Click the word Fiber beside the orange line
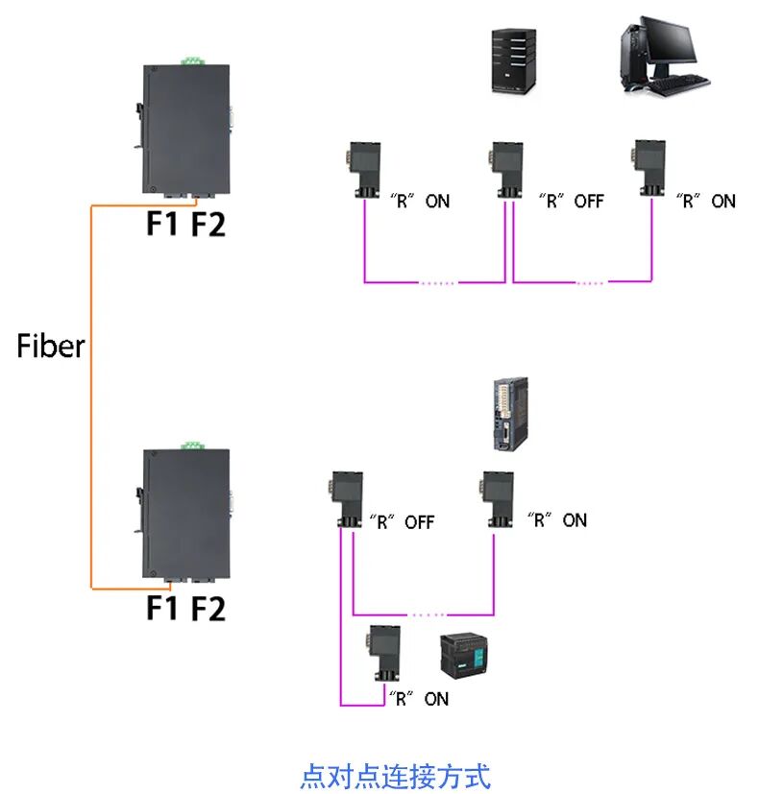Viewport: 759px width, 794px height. tap(51, 347)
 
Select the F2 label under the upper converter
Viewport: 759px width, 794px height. tap(208, 224)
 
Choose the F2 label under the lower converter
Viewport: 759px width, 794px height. tap(208, 608)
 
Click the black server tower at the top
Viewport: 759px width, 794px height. tap(510, 61)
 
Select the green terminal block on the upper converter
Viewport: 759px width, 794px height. tap(191, 61)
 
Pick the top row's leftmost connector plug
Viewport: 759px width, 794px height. tap(365, 169)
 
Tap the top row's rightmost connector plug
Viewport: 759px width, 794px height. tap(649, 169)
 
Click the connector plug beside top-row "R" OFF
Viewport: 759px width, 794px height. tap(505, 169)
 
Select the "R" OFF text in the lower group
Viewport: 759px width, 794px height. tap(402, 522)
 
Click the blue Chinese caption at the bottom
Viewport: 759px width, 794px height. tap(395, 775)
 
